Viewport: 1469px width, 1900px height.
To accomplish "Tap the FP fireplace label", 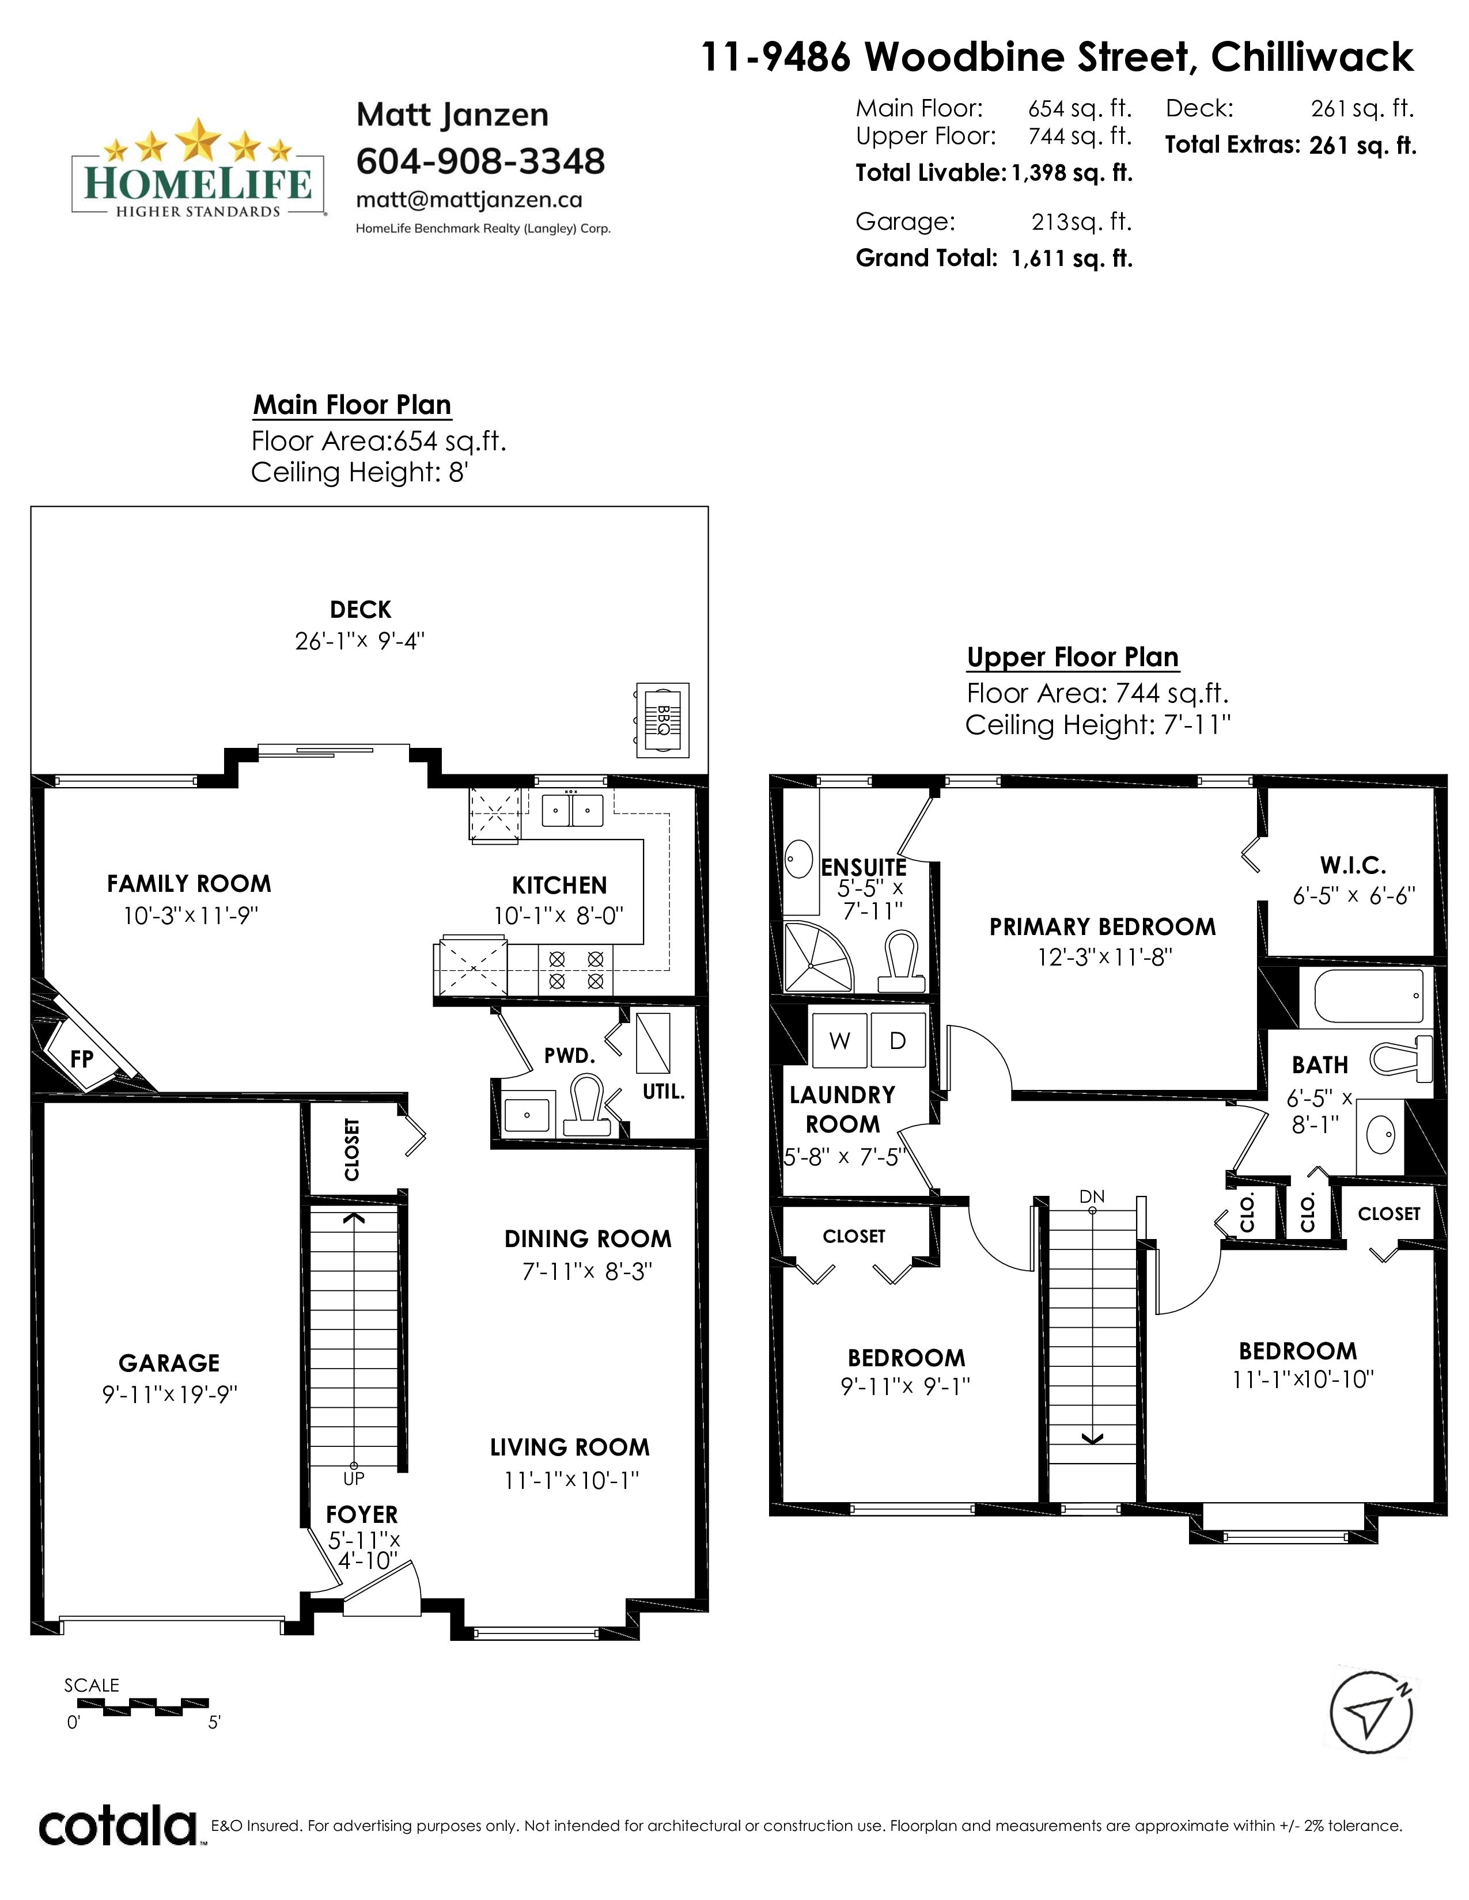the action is pos(82,1059).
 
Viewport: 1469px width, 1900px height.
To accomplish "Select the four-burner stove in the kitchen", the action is pos(576,970).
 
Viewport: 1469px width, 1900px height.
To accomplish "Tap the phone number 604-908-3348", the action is pos(481,161).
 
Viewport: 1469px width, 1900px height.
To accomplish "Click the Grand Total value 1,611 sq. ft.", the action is pos(1072,259).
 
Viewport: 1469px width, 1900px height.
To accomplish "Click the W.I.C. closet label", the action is pos(1353,865).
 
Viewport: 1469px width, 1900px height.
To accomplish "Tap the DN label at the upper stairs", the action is pos(1092,1196).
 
